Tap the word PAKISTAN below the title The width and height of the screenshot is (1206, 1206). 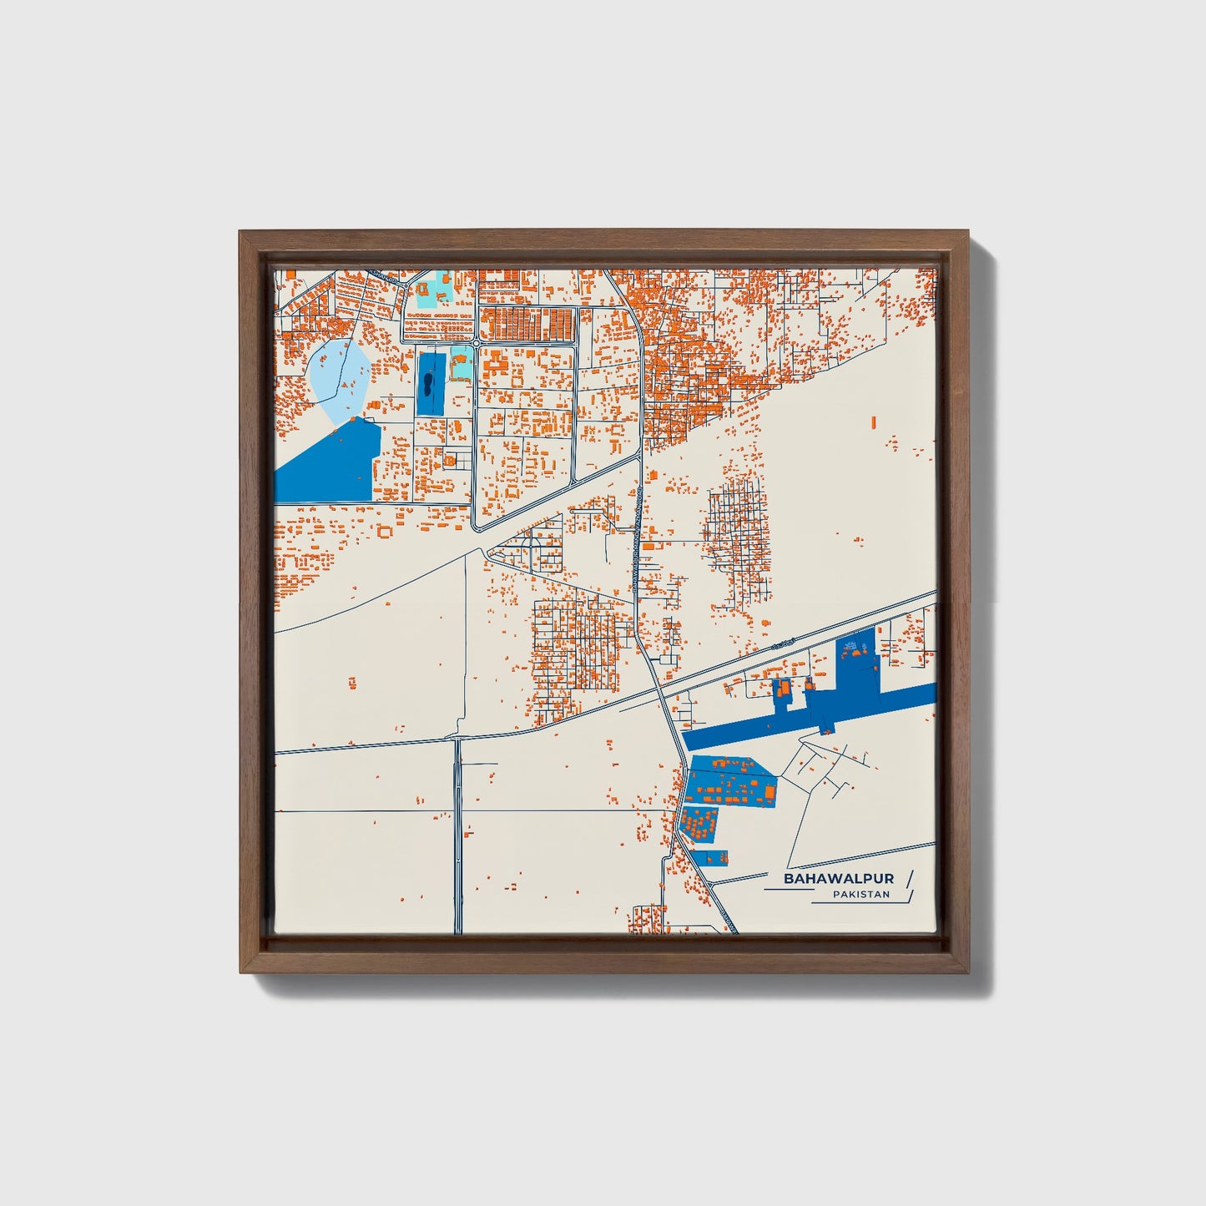tap(861, 895)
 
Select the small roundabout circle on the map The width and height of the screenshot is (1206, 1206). tap(475, 343)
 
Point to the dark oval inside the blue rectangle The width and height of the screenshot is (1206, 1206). tap(427, 386)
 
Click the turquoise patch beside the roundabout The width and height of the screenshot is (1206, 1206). tap(460, 363)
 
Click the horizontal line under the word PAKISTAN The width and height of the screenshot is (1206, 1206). tap(860, 903)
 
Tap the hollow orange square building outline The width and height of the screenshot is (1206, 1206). tap(385, 530)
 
